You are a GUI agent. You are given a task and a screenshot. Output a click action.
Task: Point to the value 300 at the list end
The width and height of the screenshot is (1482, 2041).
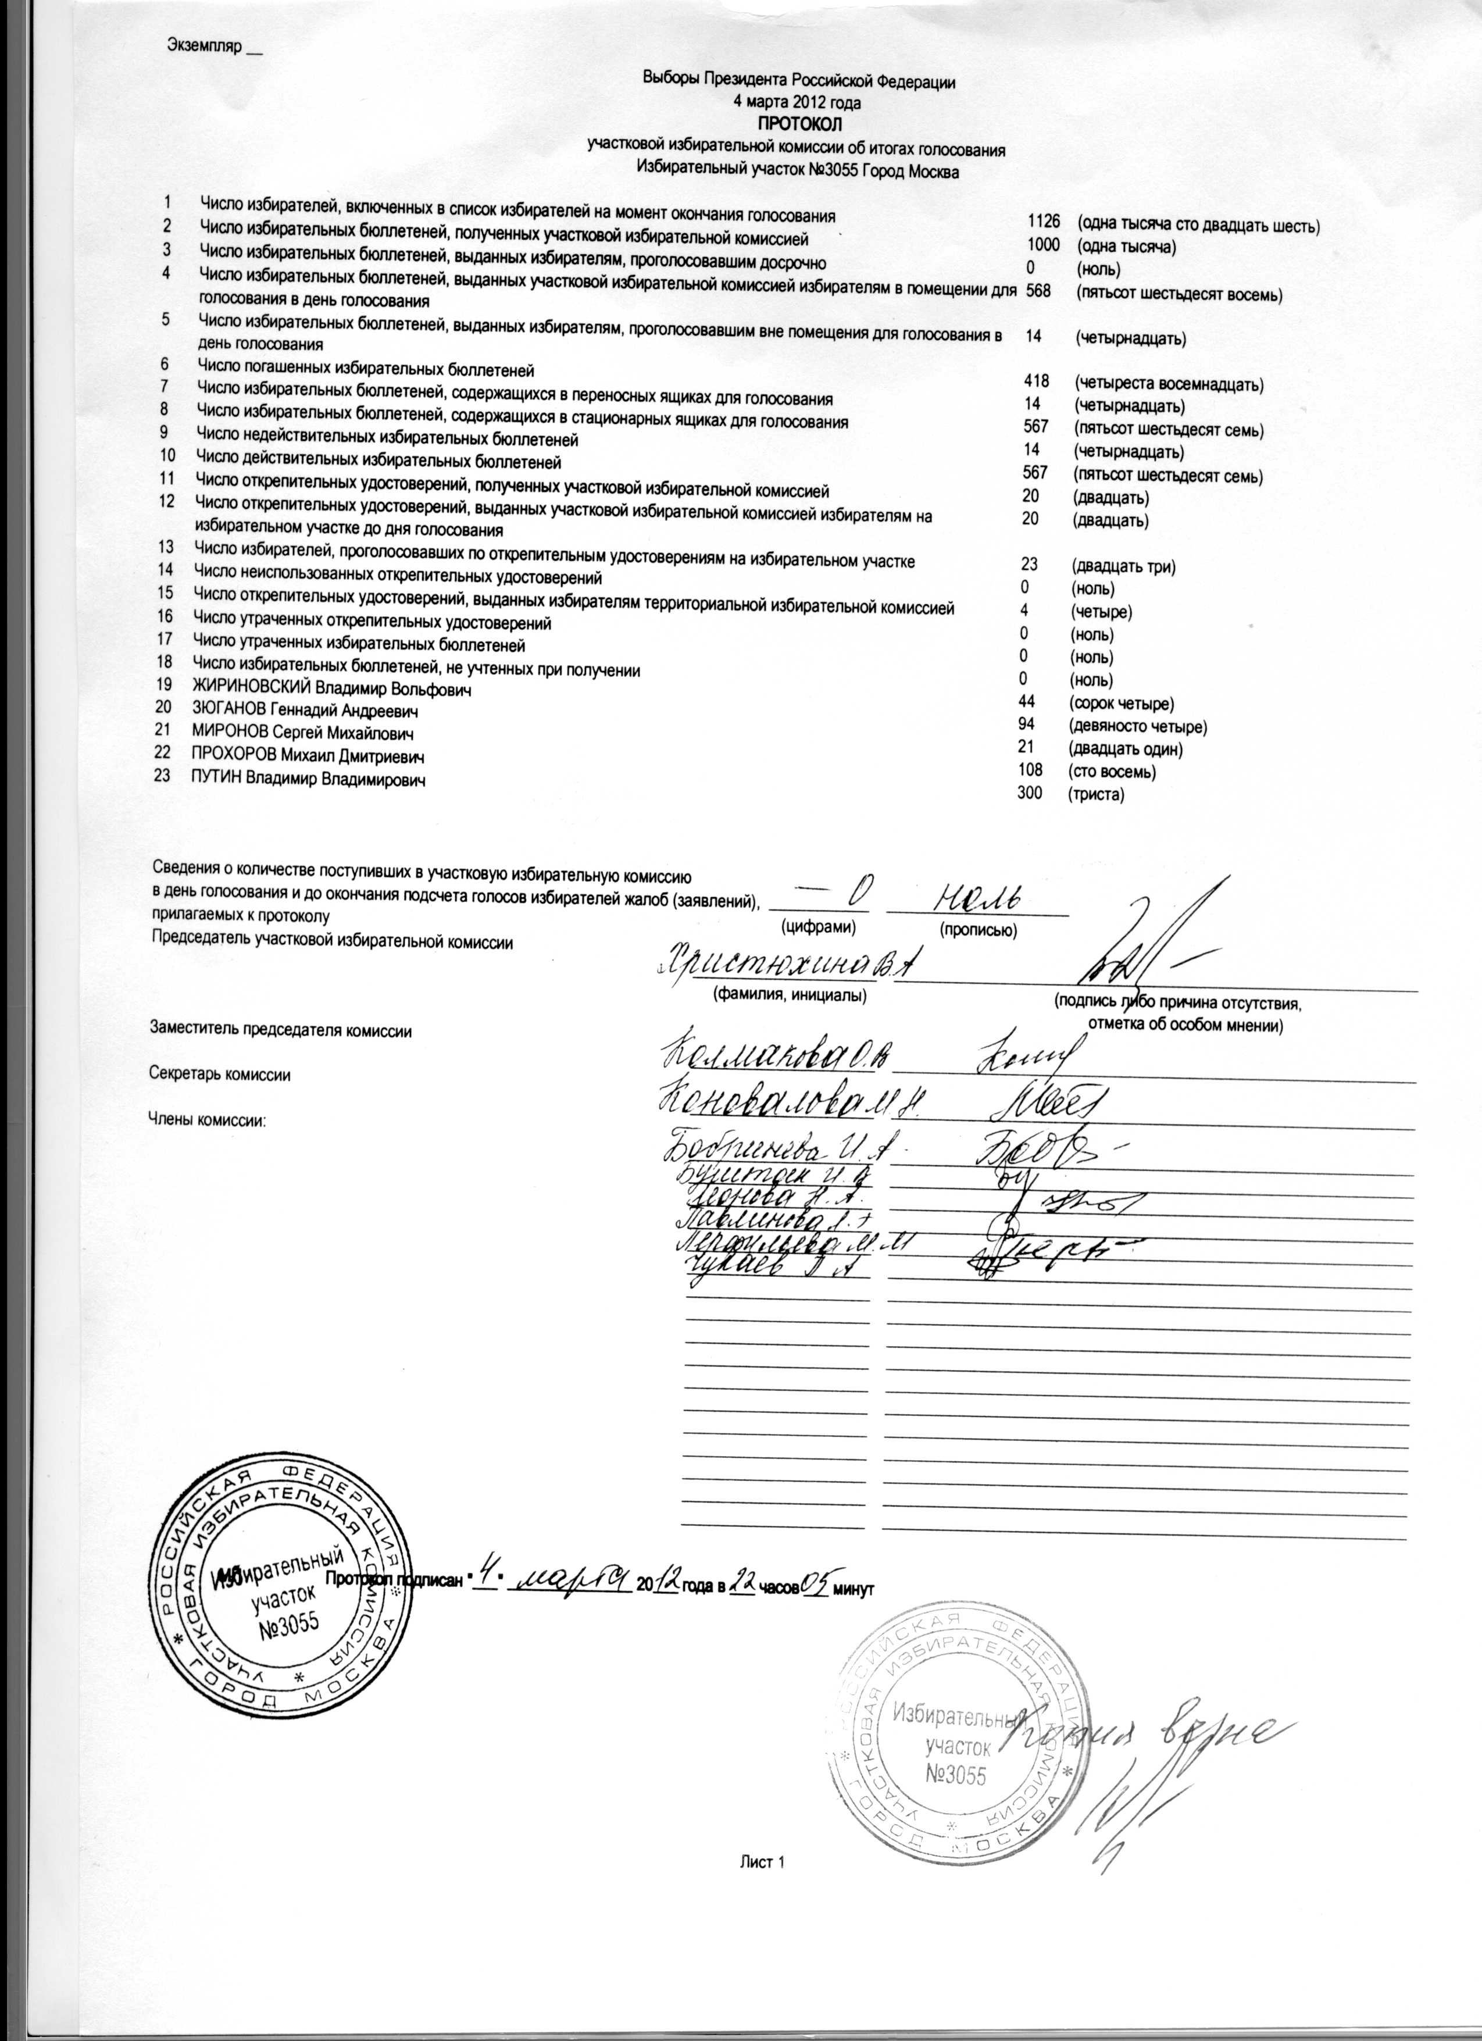pyautogui.click(x=1030, y=794)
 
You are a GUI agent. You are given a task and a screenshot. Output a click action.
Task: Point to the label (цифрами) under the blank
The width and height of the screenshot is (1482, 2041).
pyautogui.click(x=819, y=925)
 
